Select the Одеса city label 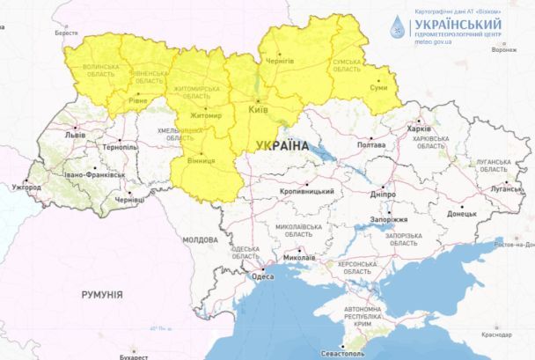(262, 276)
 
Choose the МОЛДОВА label (200, 239)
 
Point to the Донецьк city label (461, 213)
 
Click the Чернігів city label (280, 61)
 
